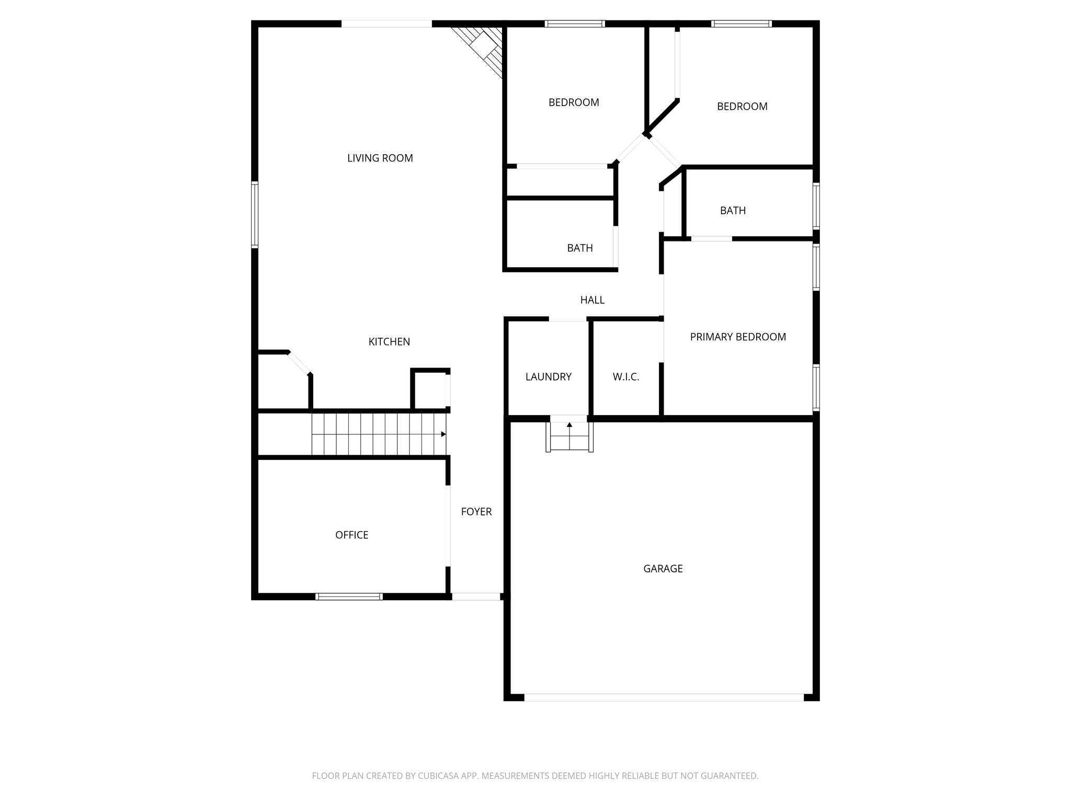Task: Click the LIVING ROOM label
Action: pyautogui.click(x=380, y=158)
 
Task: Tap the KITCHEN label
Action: pyautogui.click(x=389, y=341)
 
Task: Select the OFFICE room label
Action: pyautogui.click(x=351, y=535)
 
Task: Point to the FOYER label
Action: pyautogui.click(x=476, y=511)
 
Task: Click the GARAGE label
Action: pyautogui.click(x=663, y=568)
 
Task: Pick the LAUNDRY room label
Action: pyautogui.click(x=548, y=376)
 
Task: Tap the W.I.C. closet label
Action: pyautogui.click(x=626, y=376)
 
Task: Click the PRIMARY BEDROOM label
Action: pyautogui.click(x=738, y=337)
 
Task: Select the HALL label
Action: pyautogui.click(x=592, y=300)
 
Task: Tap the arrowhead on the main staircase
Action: pyautogui.click(x=443, y=434)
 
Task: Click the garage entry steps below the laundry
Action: pyautogui.click(x=569, y=437)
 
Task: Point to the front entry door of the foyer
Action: pyautogui.click(x=476, y=596)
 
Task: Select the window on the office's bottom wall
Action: pyautogui.click(x=349, y=596)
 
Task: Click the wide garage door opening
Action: pyautogui.click(x=664, y=697)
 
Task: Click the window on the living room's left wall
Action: pyautogui.click(x=255, y=214)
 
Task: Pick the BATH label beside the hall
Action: pyautogui.click(x=579, y=248)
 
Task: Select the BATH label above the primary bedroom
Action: pyautogui.click(x=733, y=210)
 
